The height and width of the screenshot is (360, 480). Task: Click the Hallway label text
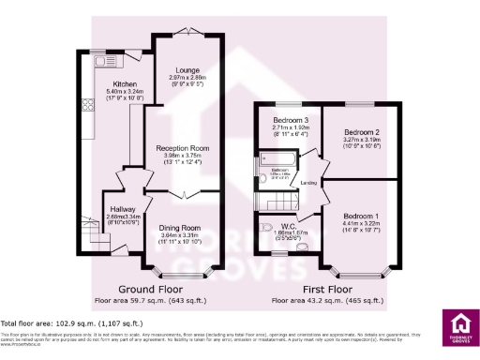coord(123,208)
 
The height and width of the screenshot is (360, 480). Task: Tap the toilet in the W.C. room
coord(263,225)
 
